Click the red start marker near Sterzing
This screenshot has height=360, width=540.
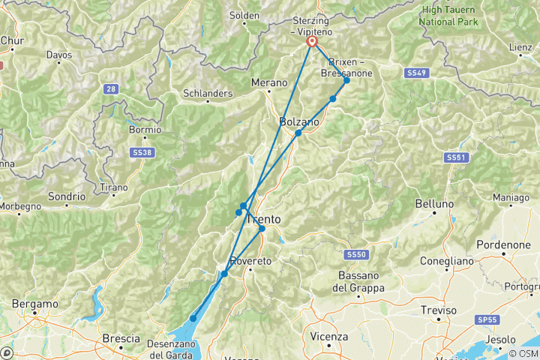pyautogui.click(x=312, y=43)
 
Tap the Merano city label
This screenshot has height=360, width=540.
pyautogui.click(x=269, y=82)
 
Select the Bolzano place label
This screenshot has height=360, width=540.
pyautogui.click(x=299, y=121)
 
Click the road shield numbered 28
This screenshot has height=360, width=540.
pyautogui.click(x=111, y=89)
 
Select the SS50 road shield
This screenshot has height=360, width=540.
pyautogui.click(x=356, y=255)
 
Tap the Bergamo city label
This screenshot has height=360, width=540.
pyautogui.click(x=34, y=304)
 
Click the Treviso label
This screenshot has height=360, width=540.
pyautogui.click(x=439, y=310)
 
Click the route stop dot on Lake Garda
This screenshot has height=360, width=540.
pyautogui.click(x=193, y=319)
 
